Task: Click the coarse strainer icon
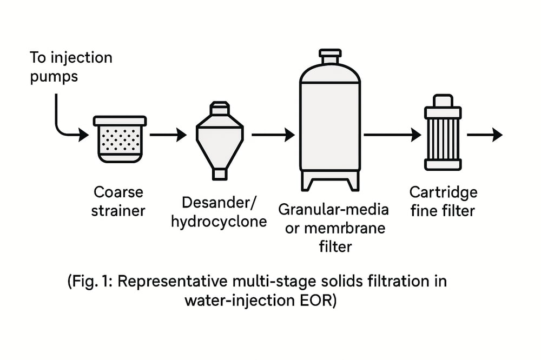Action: pos(120,139)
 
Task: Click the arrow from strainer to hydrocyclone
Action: pos(167,135)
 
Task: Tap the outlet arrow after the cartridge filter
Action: pos(484,135)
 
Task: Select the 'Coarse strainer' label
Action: pos(118,201)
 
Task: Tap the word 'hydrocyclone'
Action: pos(219,222)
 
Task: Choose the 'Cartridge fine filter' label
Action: pos(443,201)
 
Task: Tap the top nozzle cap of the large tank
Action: pos(329,55)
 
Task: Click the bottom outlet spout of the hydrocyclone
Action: pos(219,174)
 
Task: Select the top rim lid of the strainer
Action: pos(120,121)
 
